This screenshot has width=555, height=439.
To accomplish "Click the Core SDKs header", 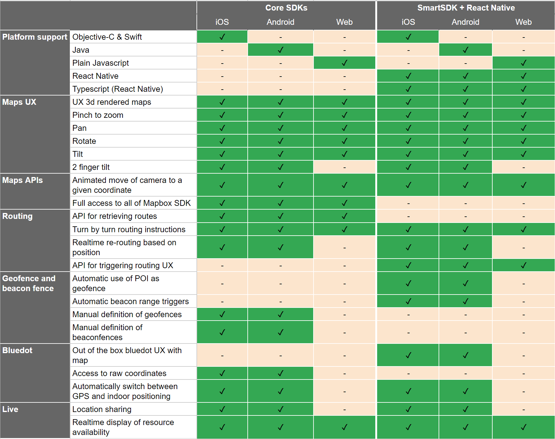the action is [286, 8].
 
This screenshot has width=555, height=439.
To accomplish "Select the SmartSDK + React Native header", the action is [466, 8].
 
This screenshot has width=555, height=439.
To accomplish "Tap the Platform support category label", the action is [35, 37].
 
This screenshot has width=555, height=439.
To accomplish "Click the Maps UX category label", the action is [19, 102].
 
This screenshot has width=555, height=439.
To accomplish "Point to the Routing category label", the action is [17, 216].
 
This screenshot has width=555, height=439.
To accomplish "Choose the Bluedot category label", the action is [17, 350].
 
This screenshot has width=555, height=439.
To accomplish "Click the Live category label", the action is [10, 409].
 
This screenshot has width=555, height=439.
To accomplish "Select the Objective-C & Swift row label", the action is [107, 37].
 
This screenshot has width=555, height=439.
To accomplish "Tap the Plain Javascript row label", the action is [101, 63].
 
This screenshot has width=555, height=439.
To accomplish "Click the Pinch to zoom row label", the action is [98, 115].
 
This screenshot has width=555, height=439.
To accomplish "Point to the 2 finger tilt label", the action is [91, 167].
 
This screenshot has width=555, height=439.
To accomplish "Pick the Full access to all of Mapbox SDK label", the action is [132, 203].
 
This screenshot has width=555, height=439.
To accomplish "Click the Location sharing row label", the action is [102, 409].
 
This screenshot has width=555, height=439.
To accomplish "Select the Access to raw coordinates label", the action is [120, 373].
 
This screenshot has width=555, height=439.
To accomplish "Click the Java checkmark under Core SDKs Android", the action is [281, 50].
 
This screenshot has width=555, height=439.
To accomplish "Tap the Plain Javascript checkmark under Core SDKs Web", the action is [345, 63].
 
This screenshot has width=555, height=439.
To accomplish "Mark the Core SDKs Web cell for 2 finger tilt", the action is [345, 167].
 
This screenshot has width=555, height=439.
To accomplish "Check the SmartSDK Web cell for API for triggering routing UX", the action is [524, 265].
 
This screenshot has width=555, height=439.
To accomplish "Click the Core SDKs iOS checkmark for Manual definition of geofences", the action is [222, 314].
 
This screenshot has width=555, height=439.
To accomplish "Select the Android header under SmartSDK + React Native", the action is [466, 22].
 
